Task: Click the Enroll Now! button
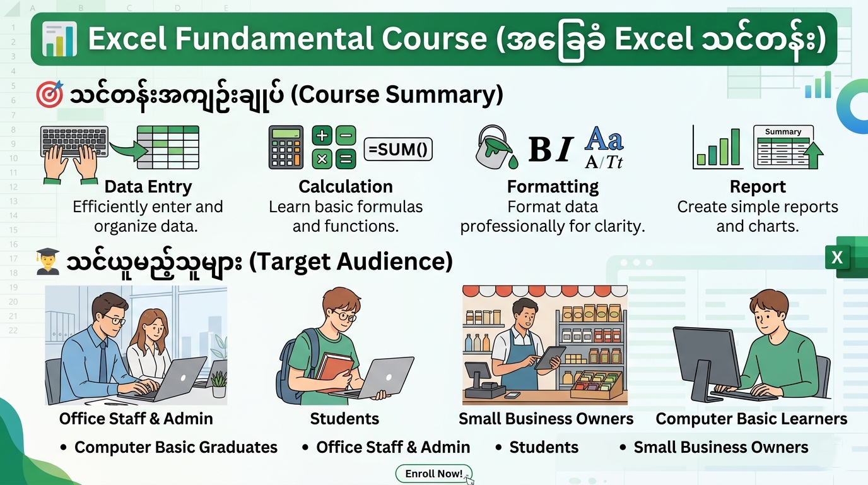433,474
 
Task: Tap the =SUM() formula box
398,150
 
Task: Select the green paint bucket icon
495,148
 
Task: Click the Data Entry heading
148,187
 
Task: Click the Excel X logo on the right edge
838,258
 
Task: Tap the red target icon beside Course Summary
49,95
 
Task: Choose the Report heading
758,187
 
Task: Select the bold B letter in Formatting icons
540,150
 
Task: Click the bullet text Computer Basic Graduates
175,447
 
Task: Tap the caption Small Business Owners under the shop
546,419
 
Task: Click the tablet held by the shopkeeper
547,357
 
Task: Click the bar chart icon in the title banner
59,39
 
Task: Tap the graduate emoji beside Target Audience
48,261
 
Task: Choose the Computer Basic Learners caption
751,419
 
